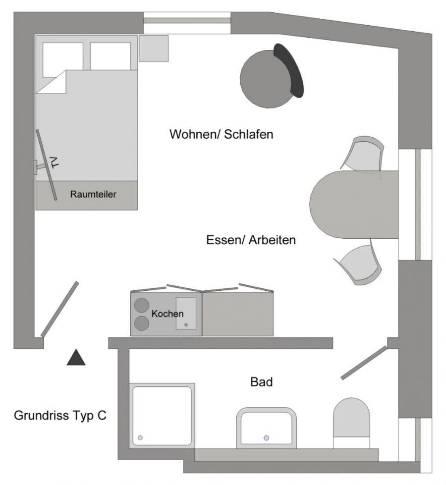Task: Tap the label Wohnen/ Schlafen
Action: point(221,134)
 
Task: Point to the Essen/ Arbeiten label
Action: point(251,240)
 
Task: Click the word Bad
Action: point(262,382)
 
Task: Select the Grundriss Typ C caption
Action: point(60,415)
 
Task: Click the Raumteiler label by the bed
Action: point(93,195)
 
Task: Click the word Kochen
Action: point(167,314)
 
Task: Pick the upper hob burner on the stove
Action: point(142,304)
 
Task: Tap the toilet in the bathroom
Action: point(352,419)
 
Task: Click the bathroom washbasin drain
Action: point(267,438)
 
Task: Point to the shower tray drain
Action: point(140,438)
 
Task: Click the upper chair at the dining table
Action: point(366,154)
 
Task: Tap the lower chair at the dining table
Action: point(361,265)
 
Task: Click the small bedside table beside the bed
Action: point(154,49)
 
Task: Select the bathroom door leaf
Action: point(364,363)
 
